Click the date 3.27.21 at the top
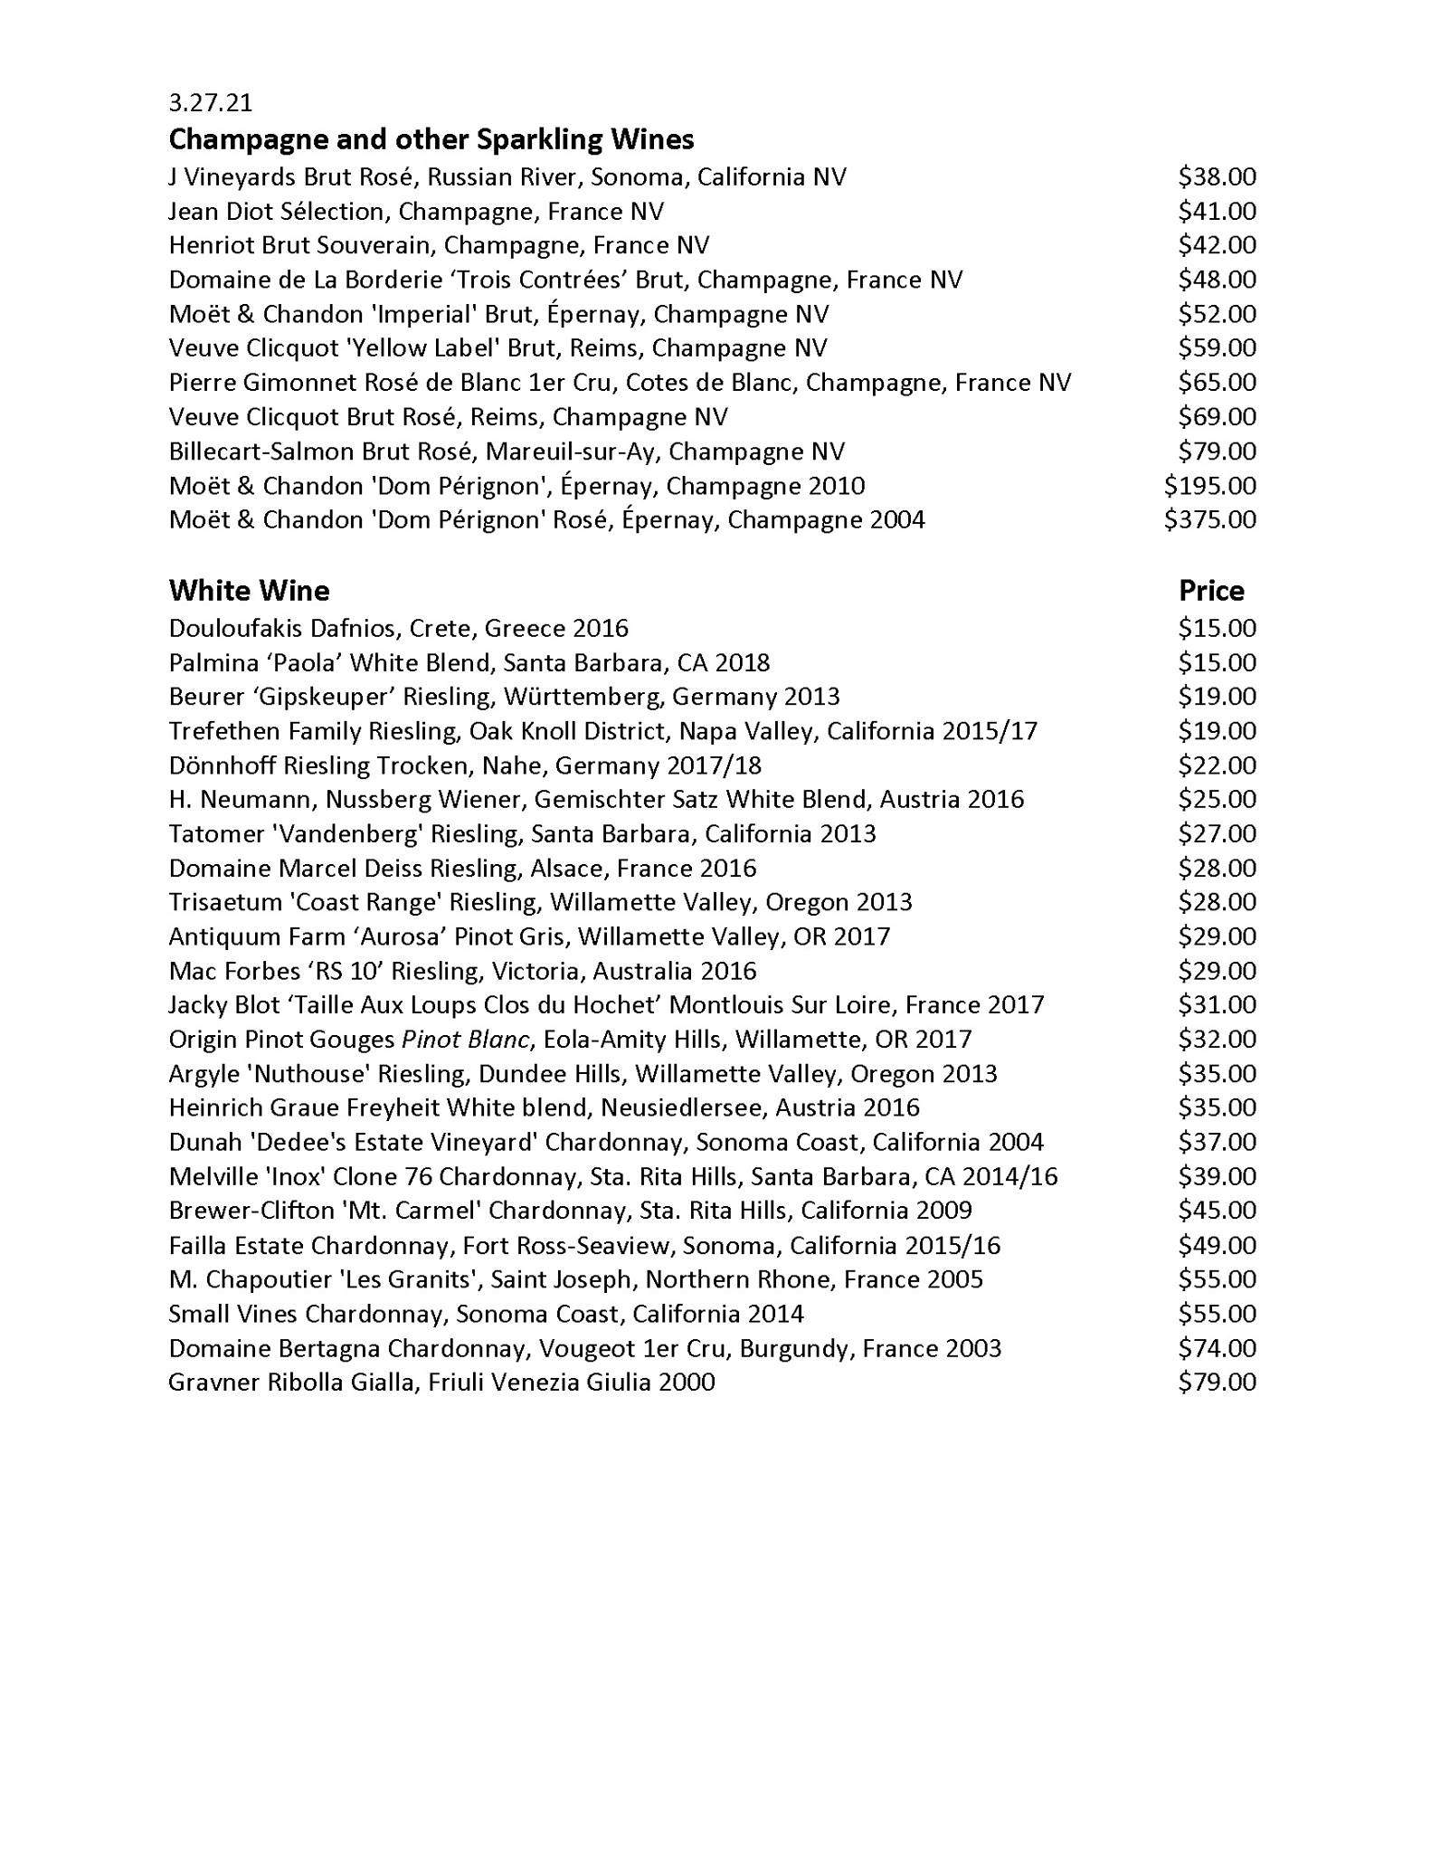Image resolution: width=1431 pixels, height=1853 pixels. click(x=210, y=103)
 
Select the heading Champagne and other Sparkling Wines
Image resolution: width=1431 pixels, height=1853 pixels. click(x=431, y=139)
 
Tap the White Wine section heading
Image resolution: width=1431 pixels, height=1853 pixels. click(x=249, y=591)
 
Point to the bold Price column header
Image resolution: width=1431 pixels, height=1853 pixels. click(x=1211, y=591)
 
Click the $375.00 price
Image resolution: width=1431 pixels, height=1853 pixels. click(x=1209, y=520)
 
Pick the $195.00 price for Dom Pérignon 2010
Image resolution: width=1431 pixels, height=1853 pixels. click(x=1209, y=486)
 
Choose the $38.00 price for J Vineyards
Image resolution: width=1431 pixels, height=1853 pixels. click(x=1217, y=176)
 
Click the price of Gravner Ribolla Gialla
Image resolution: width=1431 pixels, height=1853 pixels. click(x=1217, y=1383)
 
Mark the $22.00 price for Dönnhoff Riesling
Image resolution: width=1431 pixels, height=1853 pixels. click(x=1217, y=765)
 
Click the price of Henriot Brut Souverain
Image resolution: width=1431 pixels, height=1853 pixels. click(x=1217, y=245)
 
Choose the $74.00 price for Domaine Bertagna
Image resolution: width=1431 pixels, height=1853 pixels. click(x=1217, y=1348)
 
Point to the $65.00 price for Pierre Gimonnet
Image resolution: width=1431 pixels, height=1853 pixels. click(x=1217, y=383)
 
